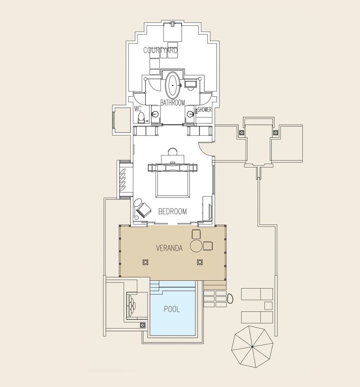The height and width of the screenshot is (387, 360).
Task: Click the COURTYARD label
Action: click(161, 50)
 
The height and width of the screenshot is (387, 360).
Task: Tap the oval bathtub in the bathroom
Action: click(173, 85)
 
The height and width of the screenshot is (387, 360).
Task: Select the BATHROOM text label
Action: click(173, 103)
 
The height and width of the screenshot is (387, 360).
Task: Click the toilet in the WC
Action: click(141, 118)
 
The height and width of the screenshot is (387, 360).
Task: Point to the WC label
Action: click(138, 109)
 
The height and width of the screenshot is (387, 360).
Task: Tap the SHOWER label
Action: click(204, 109)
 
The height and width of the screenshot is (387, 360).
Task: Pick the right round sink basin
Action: click(190, 114)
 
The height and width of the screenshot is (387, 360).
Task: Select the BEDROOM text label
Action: click(173, 211)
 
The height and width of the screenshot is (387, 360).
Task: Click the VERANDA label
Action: click(169, 248)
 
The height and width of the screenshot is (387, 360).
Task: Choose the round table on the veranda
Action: click(196, 246)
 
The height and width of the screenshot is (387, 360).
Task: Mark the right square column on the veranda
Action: click(200, 262)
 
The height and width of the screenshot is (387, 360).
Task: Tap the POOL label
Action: click(172, 309)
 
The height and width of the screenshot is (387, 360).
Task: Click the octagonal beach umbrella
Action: click(252, 347)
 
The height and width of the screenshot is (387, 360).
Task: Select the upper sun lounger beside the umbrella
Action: click(257, 294)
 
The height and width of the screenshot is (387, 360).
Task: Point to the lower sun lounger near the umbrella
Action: click(257, 317)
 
